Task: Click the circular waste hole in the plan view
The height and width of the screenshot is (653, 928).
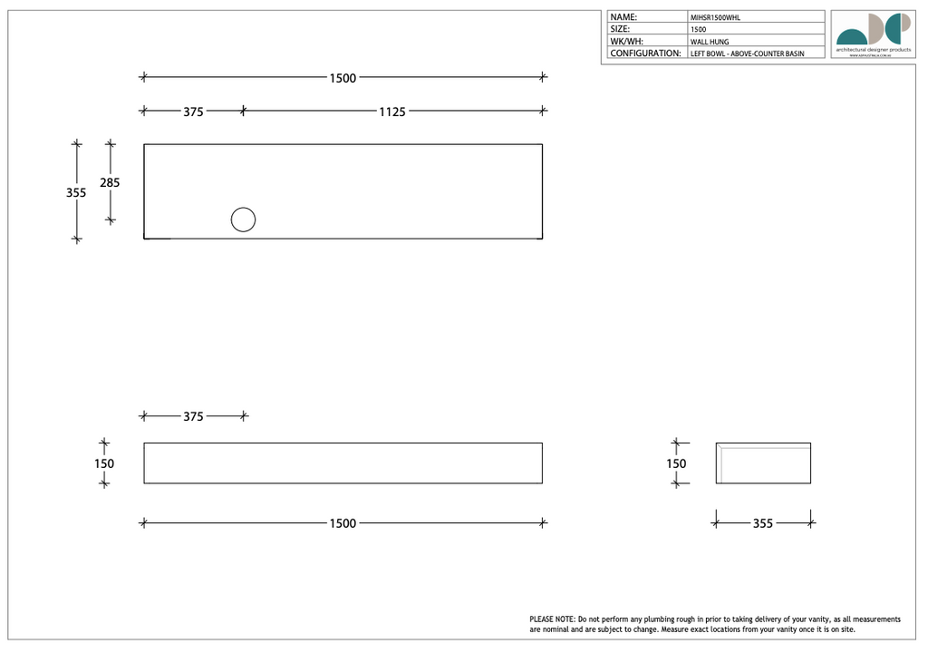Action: click(243, 219)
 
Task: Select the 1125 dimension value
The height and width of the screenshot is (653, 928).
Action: click(391, 112)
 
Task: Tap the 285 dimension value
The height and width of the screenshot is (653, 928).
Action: click(110, 182)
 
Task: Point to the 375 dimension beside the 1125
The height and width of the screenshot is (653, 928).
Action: click(193, 112)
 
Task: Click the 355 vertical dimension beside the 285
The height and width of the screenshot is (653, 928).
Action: click(76, 192)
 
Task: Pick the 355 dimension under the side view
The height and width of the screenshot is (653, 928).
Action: click(763, 523)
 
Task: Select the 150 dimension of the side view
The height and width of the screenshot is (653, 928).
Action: click(676, 463)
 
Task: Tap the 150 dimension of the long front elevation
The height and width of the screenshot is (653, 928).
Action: click(104, 463)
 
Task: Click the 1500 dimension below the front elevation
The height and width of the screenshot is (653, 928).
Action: click(343, 523)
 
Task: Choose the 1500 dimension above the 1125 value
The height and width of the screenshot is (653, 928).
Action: click(343, 78)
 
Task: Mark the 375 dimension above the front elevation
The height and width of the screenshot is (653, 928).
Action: click(193, 416)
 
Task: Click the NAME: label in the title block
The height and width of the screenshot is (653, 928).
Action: click(623, 17)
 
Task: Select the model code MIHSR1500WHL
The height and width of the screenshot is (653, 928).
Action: click(715, 17)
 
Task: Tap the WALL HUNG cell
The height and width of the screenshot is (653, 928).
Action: click(710, 42)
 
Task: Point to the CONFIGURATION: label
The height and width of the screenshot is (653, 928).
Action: click(645, 54)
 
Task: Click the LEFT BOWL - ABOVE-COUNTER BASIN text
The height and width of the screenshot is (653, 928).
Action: click(747, 54)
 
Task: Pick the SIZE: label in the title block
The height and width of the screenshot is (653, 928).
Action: click(621, 29)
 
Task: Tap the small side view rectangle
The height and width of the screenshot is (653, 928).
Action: click(763, 463)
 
